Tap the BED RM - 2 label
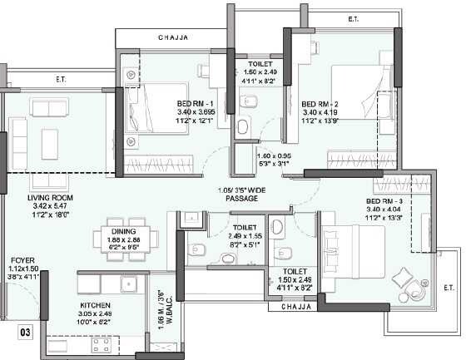(319, 104)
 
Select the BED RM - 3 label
(384, 202)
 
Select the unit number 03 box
(27, 334)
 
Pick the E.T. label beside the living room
(61, 80)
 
